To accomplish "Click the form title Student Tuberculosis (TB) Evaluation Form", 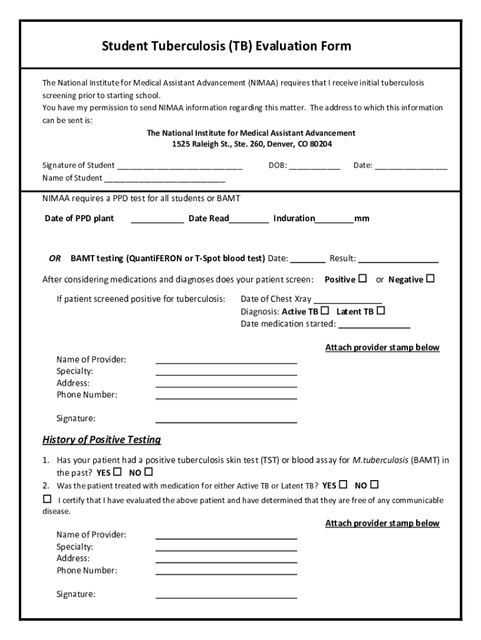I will tap(226, 46).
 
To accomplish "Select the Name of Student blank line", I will tap(164, 179).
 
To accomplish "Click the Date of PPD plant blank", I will tap(157, 219).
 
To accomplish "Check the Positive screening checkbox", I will tap(363, 279).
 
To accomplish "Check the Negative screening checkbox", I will tap(430, 279).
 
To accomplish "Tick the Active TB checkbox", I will tap(325, 311).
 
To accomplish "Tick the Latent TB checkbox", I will tap(380, 311).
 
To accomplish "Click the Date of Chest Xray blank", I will tap(347, 299).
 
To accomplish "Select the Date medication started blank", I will tap(374, 324).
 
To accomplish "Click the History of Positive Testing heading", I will tap(101, 440).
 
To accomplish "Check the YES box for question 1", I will tap(117, 472).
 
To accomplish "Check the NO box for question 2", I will tap(374, 484).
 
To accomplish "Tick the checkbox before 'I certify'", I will tap(47, 499).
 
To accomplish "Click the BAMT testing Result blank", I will tap(398, 259).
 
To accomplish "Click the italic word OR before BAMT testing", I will tap(54, 258).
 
